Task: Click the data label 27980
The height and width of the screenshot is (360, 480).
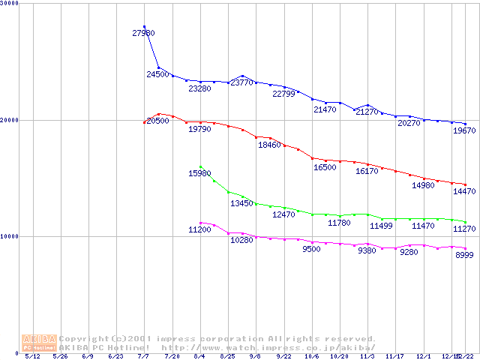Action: coord(142,34)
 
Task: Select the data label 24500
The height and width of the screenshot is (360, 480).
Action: coord(157,75)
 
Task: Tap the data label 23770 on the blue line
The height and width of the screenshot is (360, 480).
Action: coord(241,82)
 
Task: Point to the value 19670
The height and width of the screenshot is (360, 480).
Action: coord(464,130)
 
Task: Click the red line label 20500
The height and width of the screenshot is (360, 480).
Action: coord(157,121)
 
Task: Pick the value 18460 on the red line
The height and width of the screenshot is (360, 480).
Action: coord(269,145)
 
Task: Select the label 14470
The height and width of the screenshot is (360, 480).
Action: coord(464,192)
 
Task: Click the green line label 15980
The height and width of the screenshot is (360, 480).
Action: coord(199,174)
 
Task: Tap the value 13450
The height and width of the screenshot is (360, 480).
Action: coord(241,204)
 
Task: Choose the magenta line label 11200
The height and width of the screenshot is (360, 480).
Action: coord(199,229)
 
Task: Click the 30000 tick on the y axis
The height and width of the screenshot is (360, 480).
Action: coord(10,4)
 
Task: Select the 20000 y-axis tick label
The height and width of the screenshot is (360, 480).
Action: coord(10,120)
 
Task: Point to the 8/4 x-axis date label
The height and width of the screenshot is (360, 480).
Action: coord(199,357)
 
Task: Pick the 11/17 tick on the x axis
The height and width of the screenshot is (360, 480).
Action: coord(396,357)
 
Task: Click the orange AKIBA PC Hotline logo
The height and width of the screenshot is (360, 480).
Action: coord(39,342)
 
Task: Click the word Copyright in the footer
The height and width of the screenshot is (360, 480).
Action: coord(82,338)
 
